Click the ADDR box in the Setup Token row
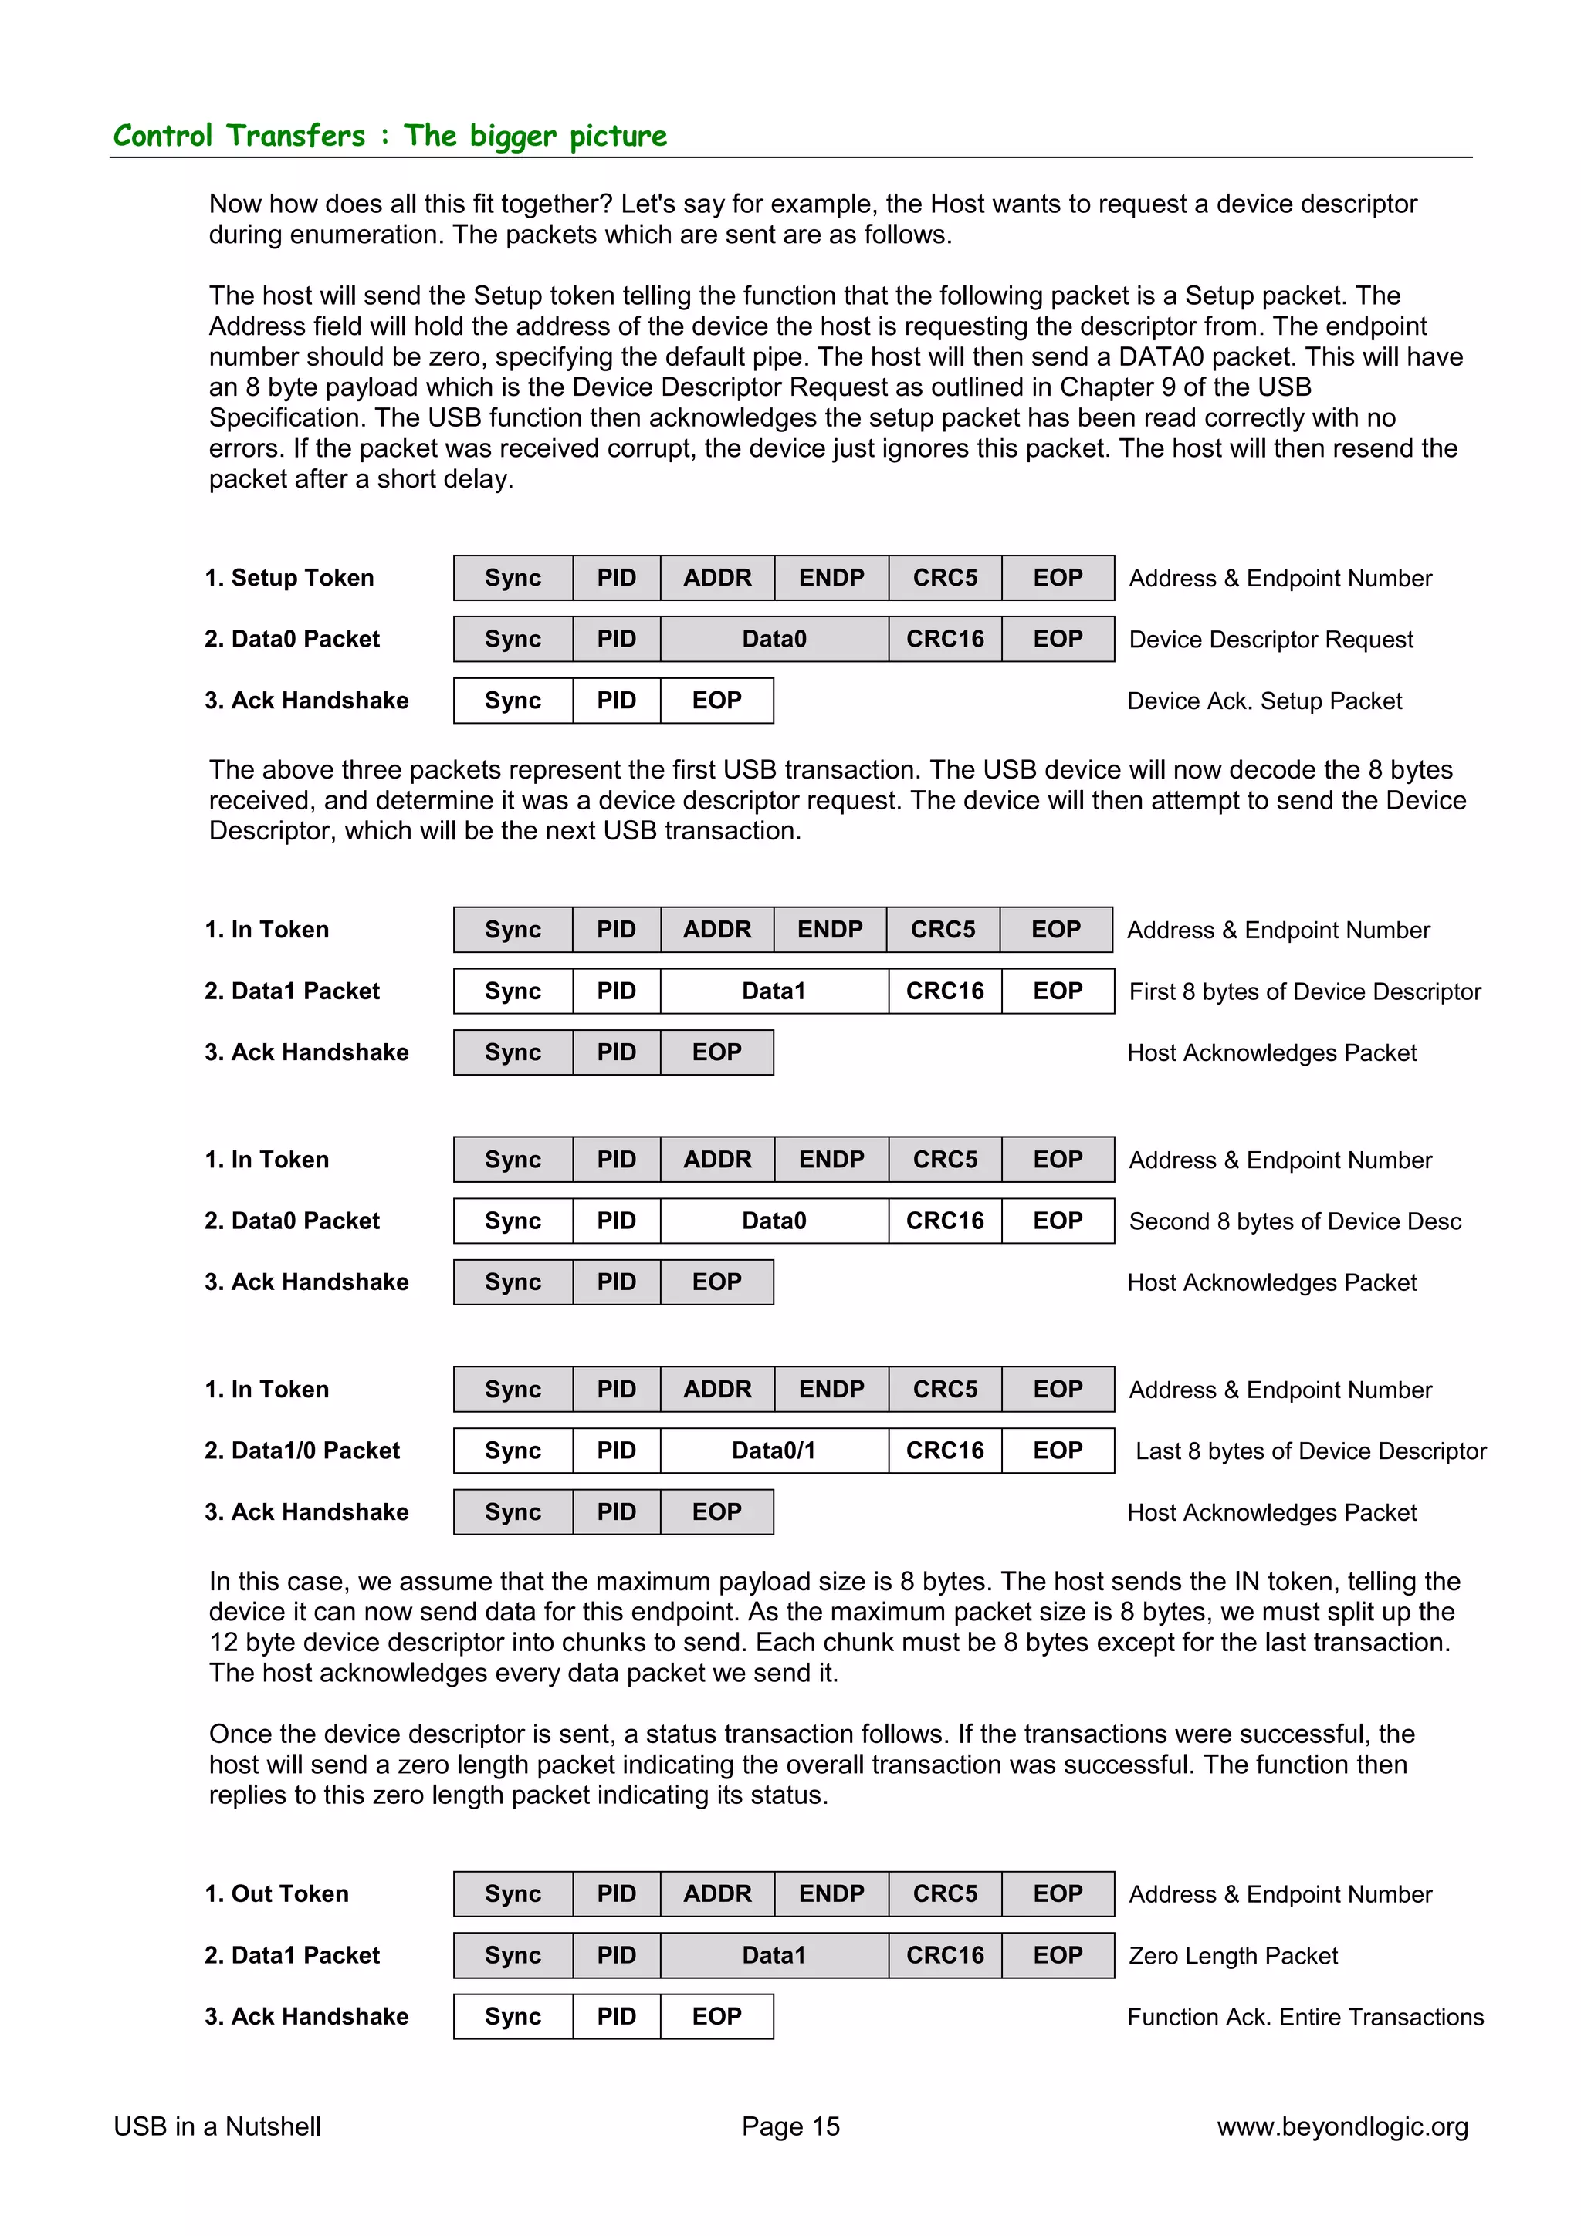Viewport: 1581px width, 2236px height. pyautogui.click(x=717, y=577)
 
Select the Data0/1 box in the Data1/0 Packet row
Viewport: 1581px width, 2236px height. pyautogui.click(x=774, y=1450)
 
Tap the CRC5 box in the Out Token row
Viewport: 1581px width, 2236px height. pyautogui.click(x=944, y=1893)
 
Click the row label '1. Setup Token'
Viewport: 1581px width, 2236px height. pyautogui.click(x=289, y=577)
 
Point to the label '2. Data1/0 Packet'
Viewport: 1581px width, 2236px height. pyautogui.click(x=302, y=1450)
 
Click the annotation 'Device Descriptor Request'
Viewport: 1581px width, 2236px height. pyautogui.click(x=1270, y=640)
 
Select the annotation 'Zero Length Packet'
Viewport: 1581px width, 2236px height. pyautogui.click(x=1232, y=1955)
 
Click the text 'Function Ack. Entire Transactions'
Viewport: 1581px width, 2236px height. pyautogui.click(x=1305, y=2017)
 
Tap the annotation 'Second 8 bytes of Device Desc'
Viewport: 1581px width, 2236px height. pyautogui.click(x=1295, y=1221)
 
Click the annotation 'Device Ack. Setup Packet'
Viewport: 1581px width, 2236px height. pyautogui.click(x=1264, y=701)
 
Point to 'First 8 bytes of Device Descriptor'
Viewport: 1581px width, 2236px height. pyautogui.click(x=1305, y=991)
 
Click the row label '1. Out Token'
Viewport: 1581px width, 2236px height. pyautogui.click(x=276, y=1893)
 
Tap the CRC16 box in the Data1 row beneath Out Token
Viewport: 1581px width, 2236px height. pyautogui.click(x=944, y=1954)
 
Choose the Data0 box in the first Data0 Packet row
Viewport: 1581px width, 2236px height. pyautogui.click(x=774, y=639)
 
